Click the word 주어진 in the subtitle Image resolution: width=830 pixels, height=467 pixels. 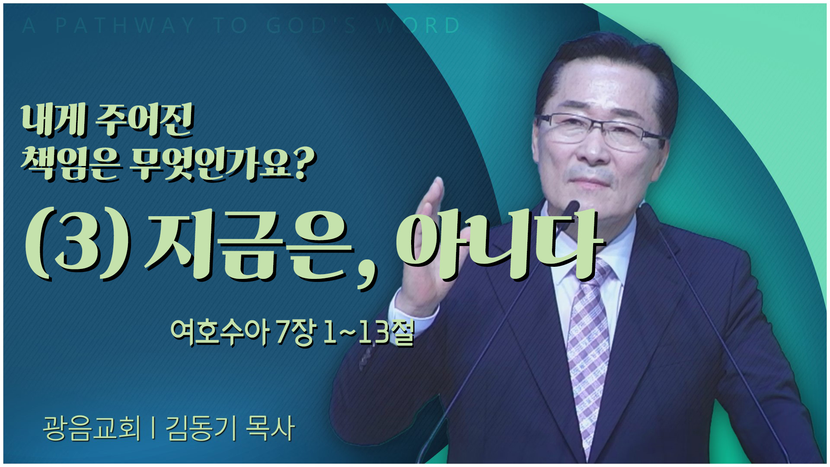pos(145,121)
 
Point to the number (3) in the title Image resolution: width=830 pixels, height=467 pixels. pos(78,245)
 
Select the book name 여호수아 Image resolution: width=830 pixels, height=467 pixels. pos(220,333)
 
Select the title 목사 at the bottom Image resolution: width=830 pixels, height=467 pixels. pos(270,428)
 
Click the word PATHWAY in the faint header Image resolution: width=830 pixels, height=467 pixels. pos(125,26)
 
